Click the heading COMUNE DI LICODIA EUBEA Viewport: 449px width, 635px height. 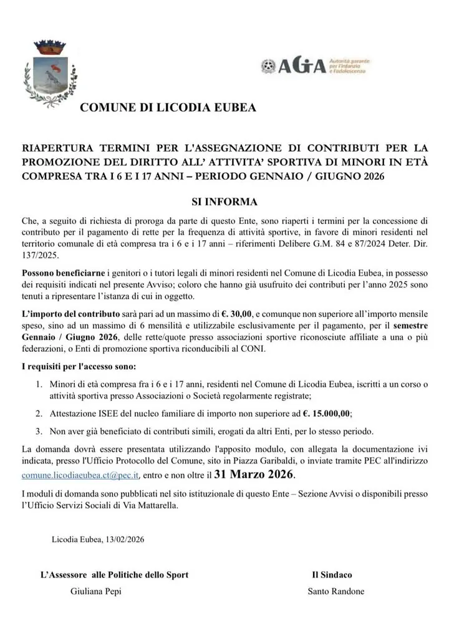tap(168, 108)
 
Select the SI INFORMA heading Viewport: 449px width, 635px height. tap(223, 202)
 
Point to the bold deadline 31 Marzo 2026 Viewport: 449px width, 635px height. tap(253, 474)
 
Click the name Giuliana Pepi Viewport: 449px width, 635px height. tap(96, 591)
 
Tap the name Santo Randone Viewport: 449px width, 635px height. tap(336, 591)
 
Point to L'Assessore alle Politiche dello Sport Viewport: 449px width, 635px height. tap(114, 574)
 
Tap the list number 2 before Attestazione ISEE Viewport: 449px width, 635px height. tap(39, 413)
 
